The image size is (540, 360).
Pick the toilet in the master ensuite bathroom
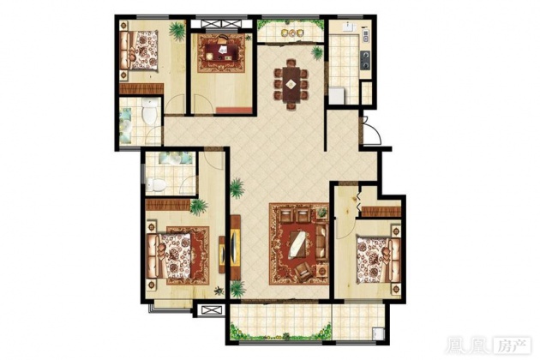(156, 185)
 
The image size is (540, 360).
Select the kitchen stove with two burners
(365, 60)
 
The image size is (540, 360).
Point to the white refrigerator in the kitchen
(337, 95)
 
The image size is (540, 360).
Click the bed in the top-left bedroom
(139, 51)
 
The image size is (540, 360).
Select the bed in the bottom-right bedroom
(378, 260)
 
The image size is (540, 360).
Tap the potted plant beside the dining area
(317, 53)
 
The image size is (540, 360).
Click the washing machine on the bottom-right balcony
(378, 333)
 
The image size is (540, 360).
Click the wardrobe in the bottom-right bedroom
(381, 212)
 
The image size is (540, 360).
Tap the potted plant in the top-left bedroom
(177, 31)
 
